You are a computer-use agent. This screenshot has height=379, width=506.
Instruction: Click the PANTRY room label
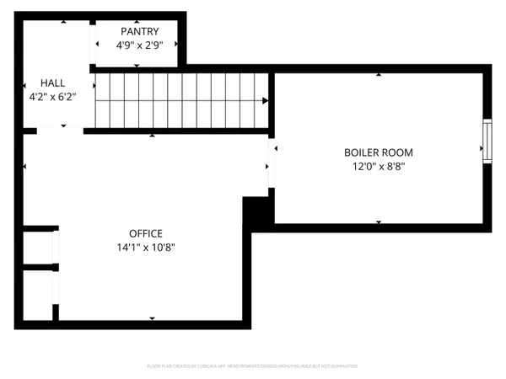coord(138,31)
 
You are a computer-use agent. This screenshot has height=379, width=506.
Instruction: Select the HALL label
coord(53,83)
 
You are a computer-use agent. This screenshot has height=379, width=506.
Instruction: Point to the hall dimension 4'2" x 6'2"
coord(53,96)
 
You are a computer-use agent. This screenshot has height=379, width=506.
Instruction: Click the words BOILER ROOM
coord(378,153)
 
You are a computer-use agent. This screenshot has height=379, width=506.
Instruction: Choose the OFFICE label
coord(145,233)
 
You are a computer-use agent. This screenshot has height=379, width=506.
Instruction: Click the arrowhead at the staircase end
coord(266,101)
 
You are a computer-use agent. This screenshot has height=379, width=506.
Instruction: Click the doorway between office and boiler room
coord(272,165)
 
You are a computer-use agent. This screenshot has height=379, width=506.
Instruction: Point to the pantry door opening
coord(94,42)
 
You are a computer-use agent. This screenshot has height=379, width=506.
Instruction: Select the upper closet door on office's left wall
coord(55,245)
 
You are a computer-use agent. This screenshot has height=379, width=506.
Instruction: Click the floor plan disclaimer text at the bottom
coord(253,366)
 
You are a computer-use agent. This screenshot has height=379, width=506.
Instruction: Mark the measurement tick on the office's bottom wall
coord(153,318)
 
